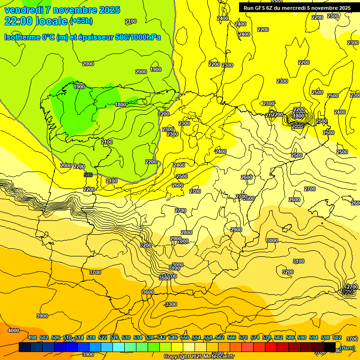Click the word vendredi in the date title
(24, 10)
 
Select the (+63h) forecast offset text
(81, 21)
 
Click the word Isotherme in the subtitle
(22, 37)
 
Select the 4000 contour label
(14, 330)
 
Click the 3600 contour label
(148, 292)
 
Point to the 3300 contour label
(171, 304)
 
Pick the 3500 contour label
(165, 278)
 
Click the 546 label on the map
(88, 175)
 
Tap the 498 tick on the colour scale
(32, 337)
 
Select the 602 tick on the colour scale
(337, 337)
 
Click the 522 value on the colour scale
(103, 337)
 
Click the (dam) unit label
(347, 347)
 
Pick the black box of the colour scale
(330, 347)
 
